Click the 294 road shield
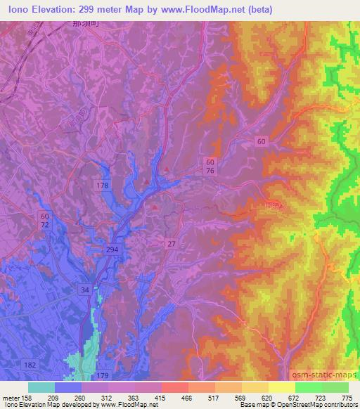click(112, 250)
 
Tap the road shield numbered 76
click(211, 171)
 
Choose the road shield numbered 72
click(46, 225)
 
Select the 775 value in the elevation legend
click(345, 397)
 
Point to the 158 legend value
click(27, 397)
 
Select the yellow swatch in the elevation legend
click(282, 387)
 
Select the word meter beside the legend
click(10, 397)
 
